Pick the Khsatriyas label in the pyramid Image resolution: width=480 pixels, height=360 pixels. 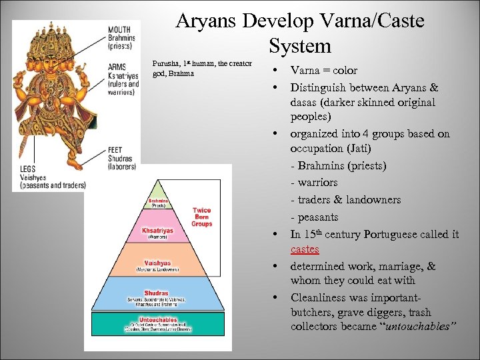[157, 231]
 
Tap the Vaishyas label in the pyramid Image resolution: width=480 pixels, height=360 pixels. [157, 263]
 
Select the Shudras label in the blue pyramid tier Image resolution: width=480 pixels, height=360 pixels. [157, 293]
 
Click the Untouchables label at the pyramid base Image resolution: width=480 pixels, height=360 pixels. [158, 320]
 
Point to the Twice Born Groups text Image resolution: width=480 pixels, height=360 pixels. [201, 217]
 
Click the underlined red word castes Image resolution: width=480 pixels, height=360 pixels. [305, 249]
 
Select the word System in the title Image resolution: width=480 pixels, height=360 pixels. [300, 46]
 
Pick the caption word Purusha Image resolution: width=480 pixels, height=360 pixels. [165, 63]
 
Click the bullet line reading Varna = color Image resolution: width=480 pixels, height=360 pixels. [324, 71]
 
